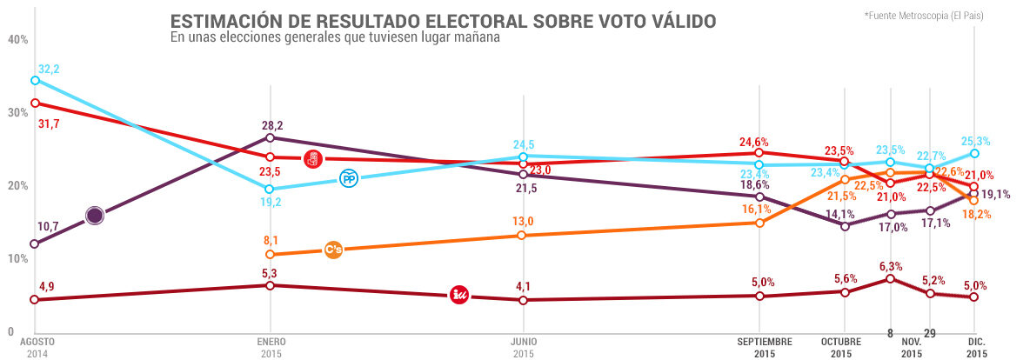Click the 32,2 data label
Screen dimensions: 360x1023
coord(50,68)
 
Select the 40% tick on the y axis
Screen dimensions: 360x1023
coord(17,40)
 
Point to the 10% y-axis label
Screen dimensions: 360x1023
coord(17,259)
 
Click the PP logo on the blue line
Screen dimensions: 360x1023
coord(349,178)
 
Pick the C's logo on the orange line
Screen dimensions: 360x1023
coord(333,250)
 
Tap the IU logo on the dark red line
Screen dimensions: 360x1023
coord(460,295)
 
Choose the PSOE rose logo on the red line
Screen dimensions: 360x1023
coord(313,159)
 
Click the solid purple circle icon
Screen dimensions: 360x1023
coord(96,215)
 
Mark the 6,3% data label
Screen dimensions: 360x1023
coord(889,266)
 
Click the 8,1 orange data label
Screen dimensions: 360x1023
coord(271,240)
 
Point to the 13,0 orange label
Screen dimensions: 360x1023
coord(522,222)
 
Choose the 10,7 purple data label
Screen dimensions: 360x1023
coord(45,226)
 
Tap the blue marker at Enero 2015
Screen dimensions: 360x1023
coord(270,189)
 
